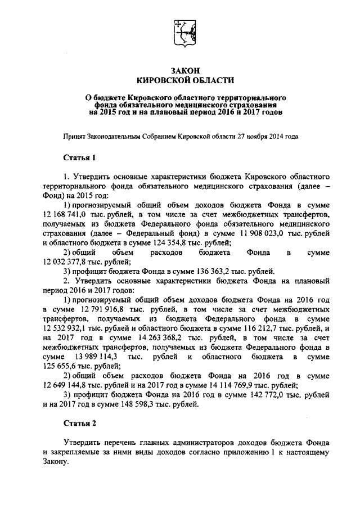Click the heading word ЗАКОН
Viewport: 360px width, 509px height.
point(180,70)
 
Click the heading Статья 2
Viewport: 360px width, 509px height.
point(79,422)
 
